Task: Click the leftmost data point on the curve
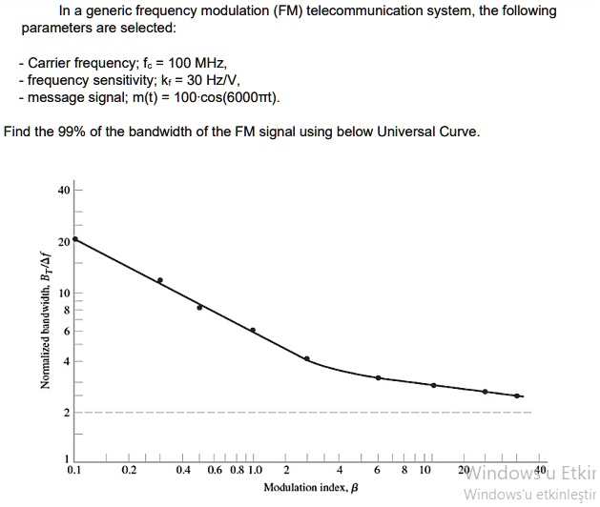click(75, 239)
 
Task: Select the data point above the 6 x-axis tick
click(378, 378)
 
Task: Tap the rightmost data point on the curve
click(518, 395)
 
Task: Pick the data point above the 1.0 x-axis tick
click(253, 330)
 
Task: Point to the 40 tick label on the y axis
click(63, 191)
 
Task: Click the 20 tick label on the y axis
click(63, 242)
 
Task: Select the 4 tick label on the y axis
click(66, 361)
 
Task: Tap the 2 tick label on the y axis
click(66, 413)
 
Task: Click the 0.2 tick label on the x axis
click(130, 470)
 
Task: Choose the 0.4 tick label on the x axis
click(184, 470)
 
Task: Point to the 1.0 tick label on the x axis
click(254, 470)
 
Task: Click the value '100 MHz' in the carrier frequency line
click(197, 62)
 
